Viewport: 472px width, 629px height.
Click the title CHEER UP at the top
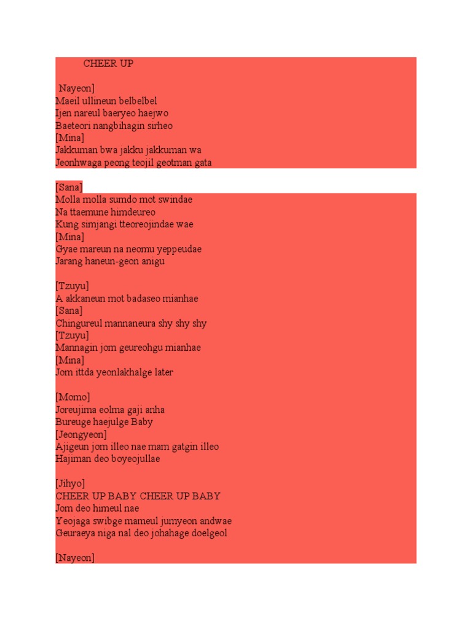tap(108, 63)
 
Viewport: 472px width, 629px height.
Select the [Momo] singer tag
tap(73, 397)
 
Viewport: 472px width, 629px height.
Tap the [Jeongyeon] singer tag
tap(81, 434)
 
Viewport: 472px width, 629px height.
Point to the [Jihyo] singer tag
tap(71, 483)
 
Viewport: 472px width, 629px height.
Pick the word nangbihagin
tap(121, 125)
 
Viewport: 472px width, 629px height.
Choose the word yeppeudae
tap(180, 249)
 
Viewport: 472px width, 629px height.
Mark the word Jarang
tap(69, 261)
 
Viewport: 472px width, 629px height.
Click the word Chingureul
tap(79, 323)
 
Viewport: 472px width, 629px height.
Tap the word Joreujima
tap(76, 410)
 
